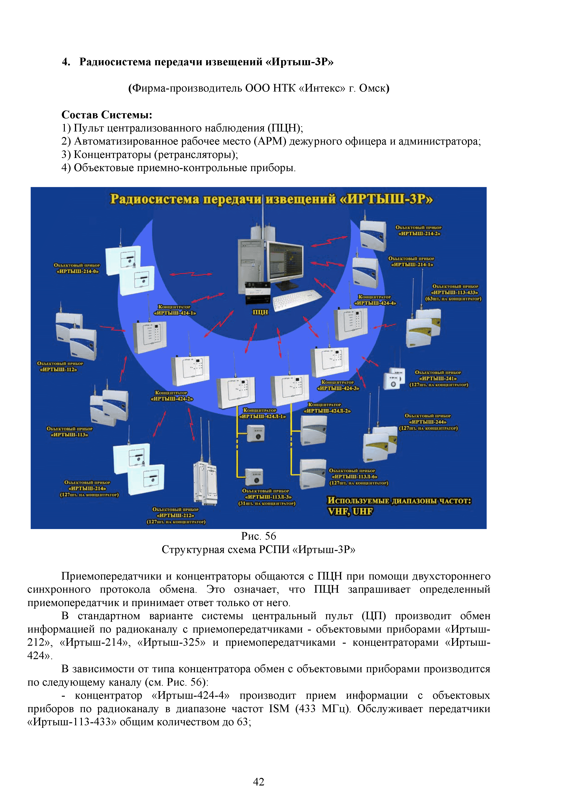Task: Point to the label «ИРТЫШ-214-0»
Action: tap(77, 271)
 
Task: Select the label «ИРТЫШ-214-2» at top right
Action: tap(419, 234)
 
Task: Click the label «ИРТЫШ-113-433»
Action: tap(455, 292)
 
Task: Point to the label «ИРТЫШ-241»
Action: tap(438, 378)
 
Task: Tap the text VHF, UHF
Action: tap(350, 511)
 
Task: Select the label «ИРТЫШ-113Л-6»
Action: tap(354, 477)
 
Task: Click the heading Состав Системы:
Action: tap(107, 115)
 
